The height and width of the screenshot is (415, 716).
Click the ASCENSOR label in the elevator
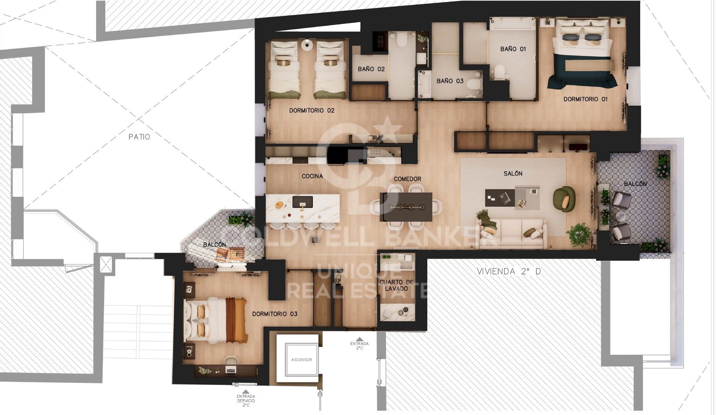point(302,359)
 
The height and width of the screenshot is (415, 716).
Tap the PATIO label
point(139,137)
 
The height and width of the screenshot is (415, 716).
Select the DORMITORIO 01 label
point(585,99)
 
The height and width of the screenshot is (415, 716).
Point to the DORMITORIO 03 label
point(275,314)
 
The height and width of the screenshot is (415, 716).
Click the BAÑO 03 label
point(450,81)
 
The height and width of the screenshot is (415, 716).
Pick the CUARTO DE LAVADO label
point(396,286)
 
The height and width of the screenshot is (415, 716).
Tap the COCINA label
point(312,176)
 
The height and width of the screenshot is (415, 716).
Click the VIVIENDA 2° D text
point(509,271)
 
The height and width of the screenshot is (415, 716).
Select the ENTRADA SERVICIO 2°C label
point(245,400)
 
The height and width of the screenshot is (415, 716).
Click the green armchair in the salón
point(564,198)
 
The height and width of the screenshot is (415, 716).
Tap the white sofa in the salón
point(512,233)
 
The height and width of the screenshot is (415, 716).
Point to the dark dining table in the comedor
point(406,207)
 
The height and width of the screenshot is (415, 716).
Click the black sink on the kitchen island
point(302,202)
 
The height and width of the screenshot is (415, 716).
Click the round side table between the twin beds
point(307,44)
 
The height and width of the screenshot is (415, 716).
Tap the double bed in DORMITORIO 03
point(216,320)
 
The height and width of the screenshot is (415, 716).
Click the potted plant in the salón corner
point(579,234)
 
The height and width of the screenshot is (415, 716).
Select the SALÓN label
point(513,173)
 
